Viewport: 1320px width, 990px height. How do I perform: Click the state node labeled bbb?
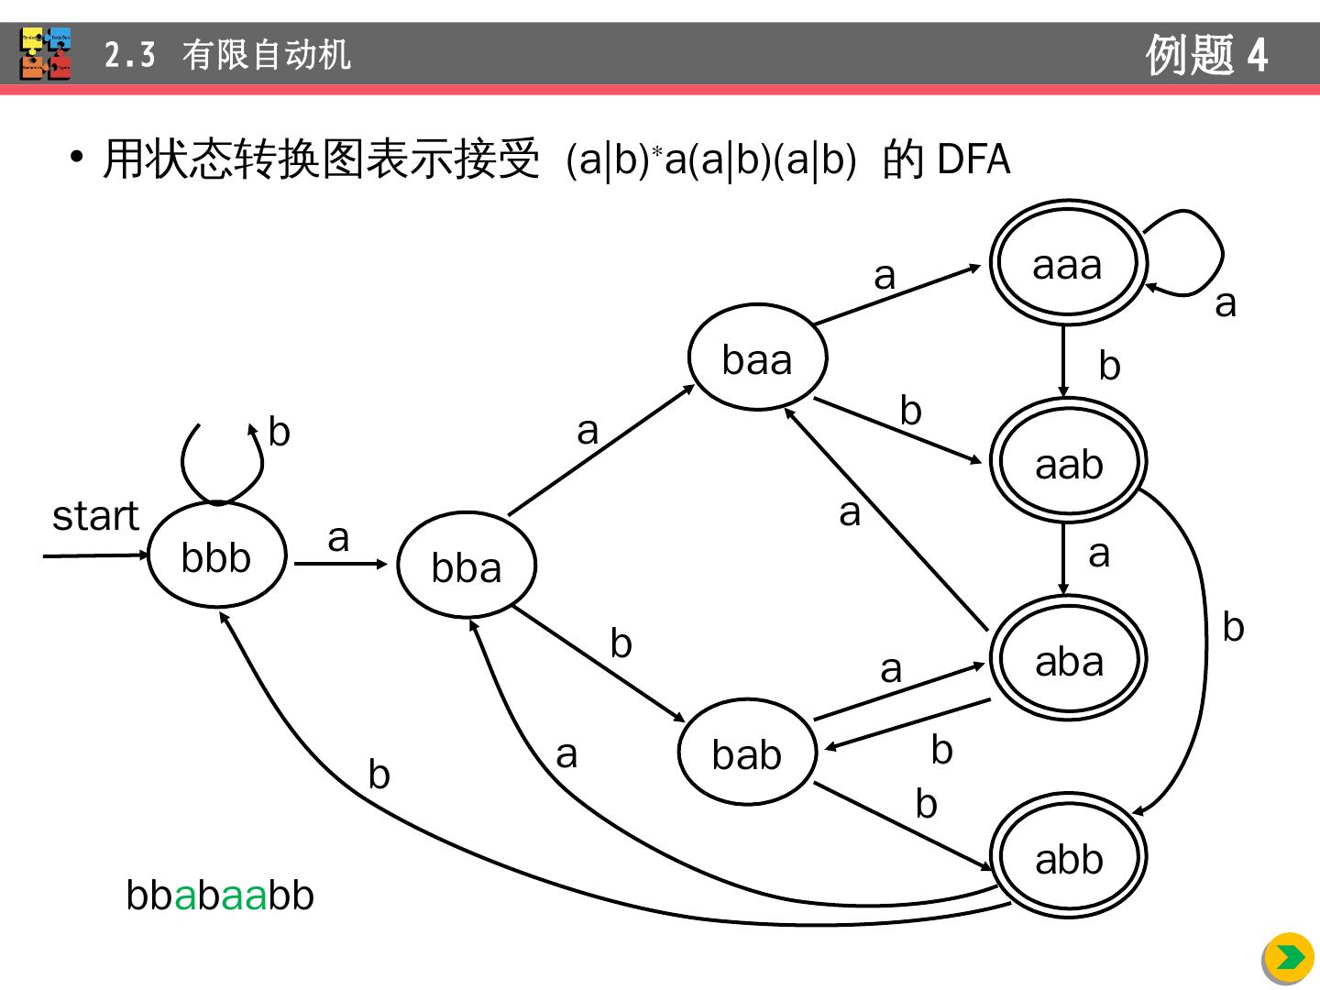coord(217,555)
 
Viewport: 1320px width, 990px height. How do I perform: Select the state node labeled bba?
coord(467,566)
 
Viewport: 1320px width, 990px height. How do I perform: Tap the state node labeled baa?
coord(757,357)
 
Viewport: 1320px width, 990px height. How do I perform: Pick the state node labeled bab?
coord(747,753)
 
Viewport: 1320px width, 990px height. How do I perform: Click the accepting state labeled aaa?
coord(1067,264)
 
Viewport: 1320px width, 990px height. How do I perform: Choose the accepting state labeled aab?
coord(1068,462)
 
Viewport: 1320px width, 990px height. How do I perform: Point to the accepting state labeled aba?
coord(1068,659)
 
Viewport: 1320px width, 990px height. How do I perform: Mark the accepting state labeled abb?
coord(1068,858)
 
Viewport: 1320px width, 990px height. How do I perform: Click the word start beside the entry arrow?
coord(95,516)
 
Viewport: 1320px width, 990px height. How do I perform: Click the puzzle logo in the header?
coord(46,54)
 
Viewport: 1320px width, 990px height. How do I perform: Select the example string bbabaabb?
coord(220,896)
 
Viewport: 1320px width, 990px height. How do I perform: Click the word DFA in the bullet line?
coord(973,160)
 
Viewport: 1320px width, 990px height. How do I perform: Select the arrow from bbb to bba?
coord(340,564)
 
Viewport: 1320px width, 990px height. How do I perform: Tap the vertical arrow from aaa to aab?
coord(1063,359)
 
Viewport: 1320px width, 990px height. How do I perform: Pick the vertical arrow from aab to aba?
coord(1063,557)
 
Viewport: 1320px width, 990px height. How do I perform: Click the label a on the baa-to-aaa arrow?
coord(884,276)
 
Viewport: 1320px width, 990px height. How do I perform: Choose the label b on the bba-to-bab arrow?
coord(621,643)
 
